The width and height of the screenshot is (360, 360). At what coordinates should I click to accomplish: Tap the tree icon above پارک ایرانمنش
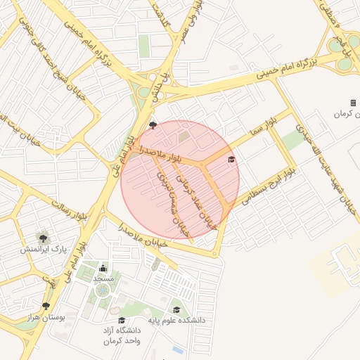coord(44,236)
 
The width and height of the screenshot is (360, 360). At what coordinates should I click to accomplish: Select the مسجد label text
coord(104,279)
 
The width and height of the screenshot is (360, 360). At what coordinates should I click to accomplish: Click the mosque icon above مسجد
coord(104,268)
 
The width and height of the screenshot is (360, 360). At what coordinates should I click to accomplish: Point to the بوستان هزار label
coord(63,317)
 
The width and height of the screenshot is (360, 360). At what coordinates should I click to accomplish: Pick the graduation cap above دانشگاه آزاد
coord(122,321)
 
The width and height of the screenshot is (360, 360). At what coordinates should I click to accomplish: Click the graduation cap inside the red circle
coord(231,160)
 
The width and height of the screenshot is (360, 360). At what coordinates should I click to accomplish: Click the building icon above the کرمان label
coord(353,103)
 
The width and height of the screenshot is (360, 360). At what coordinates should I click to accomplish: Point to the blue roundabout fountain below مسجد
coord(103,290)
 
